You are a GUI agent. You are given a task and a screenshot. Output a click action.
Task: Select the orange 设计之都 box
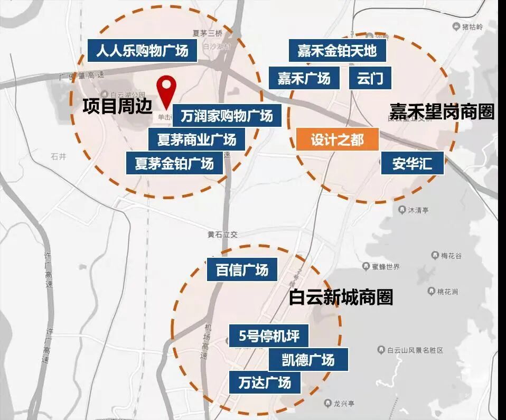338,140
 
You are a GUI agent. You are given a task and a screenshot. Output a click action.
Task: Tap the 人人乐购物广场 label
142,51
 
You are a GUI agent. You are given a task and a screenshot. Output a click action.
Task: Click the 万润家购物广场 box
227,115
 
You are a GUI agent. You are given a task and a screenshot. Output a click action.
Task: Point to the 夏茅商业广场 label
196,139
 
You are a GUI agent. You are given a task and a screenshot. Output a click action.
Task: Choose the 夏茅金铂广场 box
174,163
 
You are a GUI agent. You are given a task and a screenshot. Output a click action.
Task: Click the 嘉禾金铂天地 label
337,51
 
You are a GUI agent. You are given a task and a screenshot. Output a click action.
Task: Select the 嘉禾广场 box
304,79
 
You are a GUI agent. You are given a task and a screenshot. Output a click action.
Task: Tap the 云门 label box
370,79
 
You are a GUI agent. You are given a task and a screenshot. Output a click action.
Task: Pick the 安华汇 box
412,164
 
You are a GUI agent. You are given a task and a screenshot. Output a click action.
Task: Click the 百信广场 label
242,270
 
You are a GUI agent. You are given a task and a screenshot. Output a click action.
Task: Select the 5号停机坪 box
269,336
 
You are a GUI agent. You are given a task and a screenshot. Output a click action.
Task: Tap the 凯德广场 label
308,360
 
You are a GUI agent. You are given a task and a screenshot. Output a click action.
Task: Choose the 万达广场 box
265,382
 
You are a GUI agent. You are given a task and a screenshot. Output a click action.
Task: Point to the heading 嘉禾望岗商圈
442,111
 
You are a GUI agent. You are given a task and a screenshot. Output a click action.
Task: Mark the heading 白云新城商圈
341,297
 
